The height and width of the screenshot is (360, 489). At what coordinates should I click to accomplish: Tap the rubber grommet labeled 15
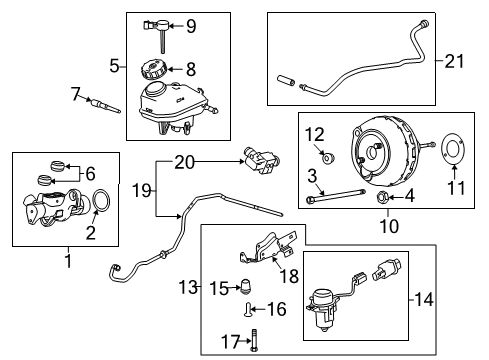[242, 287]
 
